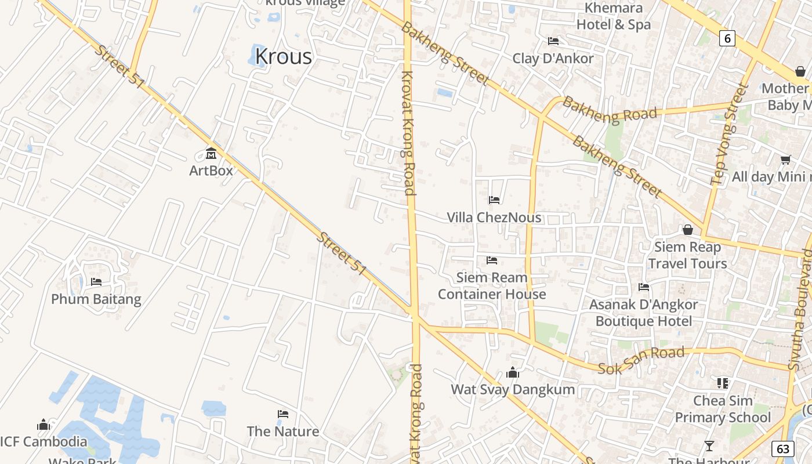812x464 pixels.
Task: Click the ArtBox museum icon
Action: pos(211,154)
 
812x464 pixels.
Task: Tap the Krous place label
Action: pos(284,56)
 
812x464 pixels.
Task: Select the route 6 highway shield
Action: pos(727,38)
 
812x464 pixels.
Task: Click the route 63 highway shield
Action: pos(783,448)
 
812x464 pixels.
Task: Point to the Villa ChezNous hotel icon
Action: pos(494,200)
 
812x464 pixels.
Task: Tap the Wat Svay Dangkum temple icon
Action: pos(513,372)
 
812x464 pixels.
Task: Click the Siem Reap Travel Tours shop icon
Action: pos(688,230)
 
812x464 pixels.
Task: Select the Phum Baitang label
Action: pos(96,299)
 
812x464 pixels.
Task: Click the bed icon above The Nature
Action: pos(283,414)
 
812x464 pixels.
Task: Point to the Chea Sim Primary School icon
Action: pos(723,383)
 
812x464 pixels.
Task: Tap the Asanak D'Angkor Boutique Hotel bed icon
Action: pos(644,287)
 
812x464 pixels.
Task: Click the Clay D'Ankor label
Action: pos(553,59)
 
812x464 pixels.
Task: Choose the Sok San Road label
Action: pos(641,360)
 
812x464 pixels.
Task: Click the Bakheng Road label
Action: pos(610,110)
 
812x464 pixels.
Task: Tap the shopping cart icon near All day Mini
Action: pos(785,159)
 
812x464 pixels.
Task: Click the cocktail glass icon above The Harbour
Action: pos(709,446)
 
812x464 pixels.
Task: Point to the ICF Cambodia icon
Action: pos(43,425)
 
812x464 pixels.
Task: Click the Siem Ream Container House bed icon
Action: pos(492,260)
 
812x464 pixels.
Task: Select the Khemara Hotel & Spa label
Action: pos(614,16)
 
